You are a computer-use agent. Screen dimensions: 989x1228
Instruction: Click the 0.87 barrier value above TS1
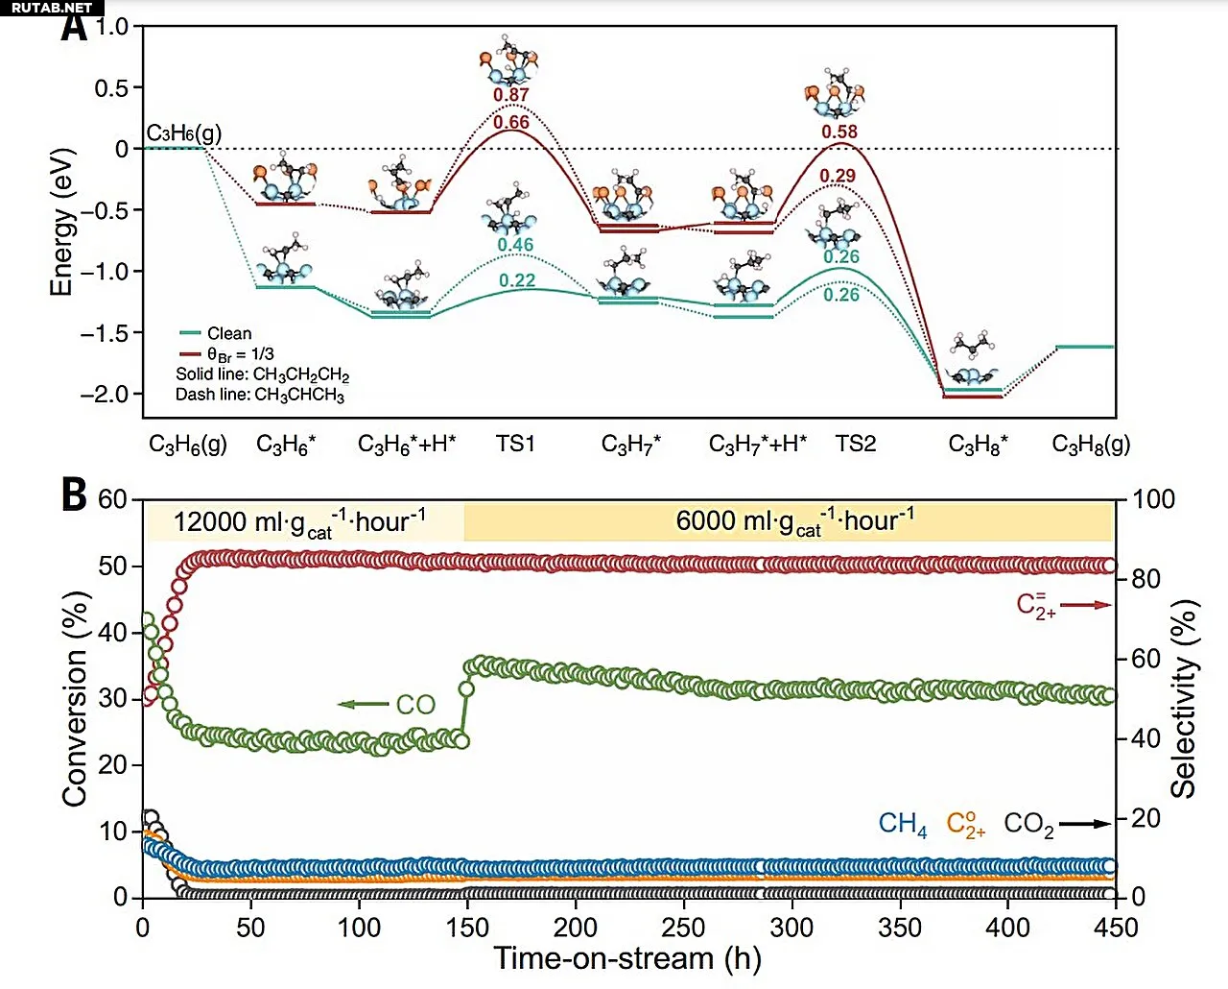click(x=511, y=95)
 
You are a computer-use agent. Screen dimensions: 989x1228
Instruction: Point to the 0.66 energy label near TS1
click(x=511, y=122)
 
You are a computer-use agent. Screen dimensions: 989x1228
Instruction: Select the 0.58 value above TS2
click(x=839, y=132)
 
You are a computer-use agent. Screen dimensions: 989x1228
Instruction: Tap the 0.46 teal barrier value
click(x=515, y=245)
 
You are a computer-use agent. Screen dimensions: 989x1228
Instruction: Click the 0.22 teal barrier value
click(x=517, y=280)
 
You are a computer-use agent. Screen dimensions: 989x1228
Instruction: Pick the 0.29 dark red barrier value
click(x=838, y=176)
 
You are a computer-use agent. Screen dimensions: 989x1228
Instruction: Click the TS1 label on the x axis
click(x=515, y=444)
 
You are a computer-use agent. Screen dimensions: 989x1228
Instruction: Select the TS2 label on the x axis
click(x=856, y=444)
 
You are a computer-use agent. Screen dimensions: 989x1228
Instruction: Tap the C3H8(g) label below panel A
click(x=1091, y=444)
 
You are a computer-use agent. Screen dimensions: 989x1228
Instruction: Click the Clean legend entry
click(x=228, y=333)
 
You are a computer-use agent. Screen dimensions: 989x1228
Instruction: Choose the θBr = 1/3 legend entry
click(x=239, y=354)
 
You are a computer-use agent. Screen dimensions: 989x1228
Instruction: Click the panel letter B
click(x=74, y=495)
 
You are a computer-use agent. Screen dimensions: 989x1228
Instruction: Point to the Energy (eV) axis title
click(x=62, y=222)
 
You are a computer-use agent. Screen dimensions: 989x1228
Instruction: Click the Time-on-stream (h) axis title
click(x=626, y=958)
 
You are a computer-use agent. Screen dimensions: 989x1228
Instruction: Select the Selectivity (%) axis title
click(x=1185, y=699)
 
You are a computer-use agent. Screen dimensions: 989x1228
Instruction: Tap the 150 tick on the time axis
click(x=467, y=928)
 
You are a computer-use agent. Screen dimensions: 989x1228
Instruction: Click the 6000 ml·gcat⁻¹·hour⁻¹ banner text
click(x=794, y=521)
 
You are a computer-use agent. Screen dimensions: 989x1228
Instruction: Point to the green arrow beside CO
click(x=364, y=705)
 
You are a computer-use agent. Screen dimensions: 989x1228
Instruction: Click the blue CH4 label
click(x=903, y=824)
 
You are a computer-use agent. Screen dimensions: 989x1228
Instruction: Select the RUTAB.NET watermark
click(x=52, y=8)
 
